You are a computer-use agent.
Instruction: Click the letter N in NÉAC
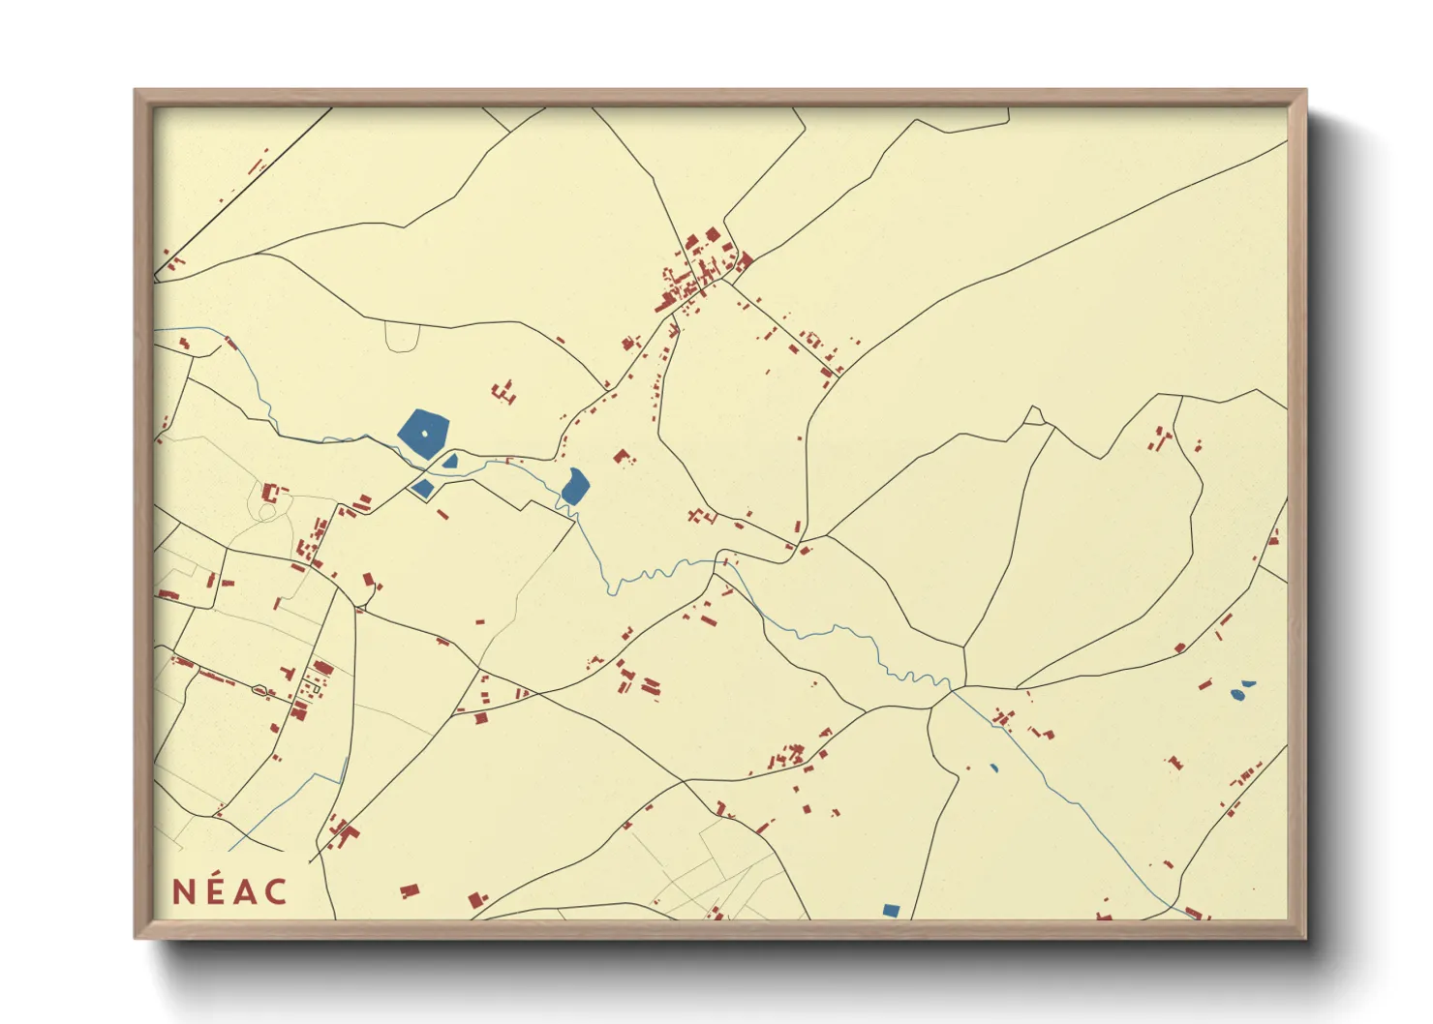(183, 892)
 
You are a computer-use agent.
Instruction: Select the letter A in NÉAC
(245, 892)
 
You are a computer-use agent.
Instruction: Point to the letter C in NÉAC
(276, 892)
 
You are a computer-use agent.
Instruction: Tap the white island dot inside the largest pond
(424, 434)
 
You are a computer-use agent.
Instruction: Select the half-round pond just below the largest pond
(450, 462)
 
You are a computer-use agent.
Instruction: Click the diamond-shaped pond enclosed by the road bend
(422, 488)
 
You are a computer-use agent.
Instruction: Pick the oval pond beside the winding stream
(574, 486)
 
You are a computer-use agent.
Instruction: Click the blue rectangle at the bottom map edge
(891, 910)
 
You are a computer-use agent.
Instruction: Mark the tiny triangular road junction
(1035, 416)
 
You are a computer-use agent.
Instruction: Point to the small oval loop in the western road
(259, 690)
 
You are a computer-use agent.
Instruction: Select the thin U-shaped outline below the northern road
(401, 337)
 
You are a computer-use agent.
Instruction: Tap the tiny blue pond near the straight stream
(993, 768)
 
